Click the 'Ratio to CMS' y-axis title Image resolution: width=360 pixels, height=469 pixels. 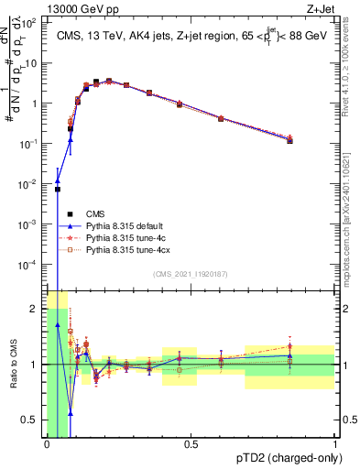(14, 364)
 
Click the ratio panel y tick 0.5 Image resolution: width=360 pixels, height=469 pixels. (32, 420)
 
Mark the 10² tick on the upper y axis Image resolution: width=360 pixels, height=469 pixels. (31, 24)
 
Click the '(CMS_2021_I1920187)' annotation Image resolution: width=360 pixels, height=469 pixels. (191, 273)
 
